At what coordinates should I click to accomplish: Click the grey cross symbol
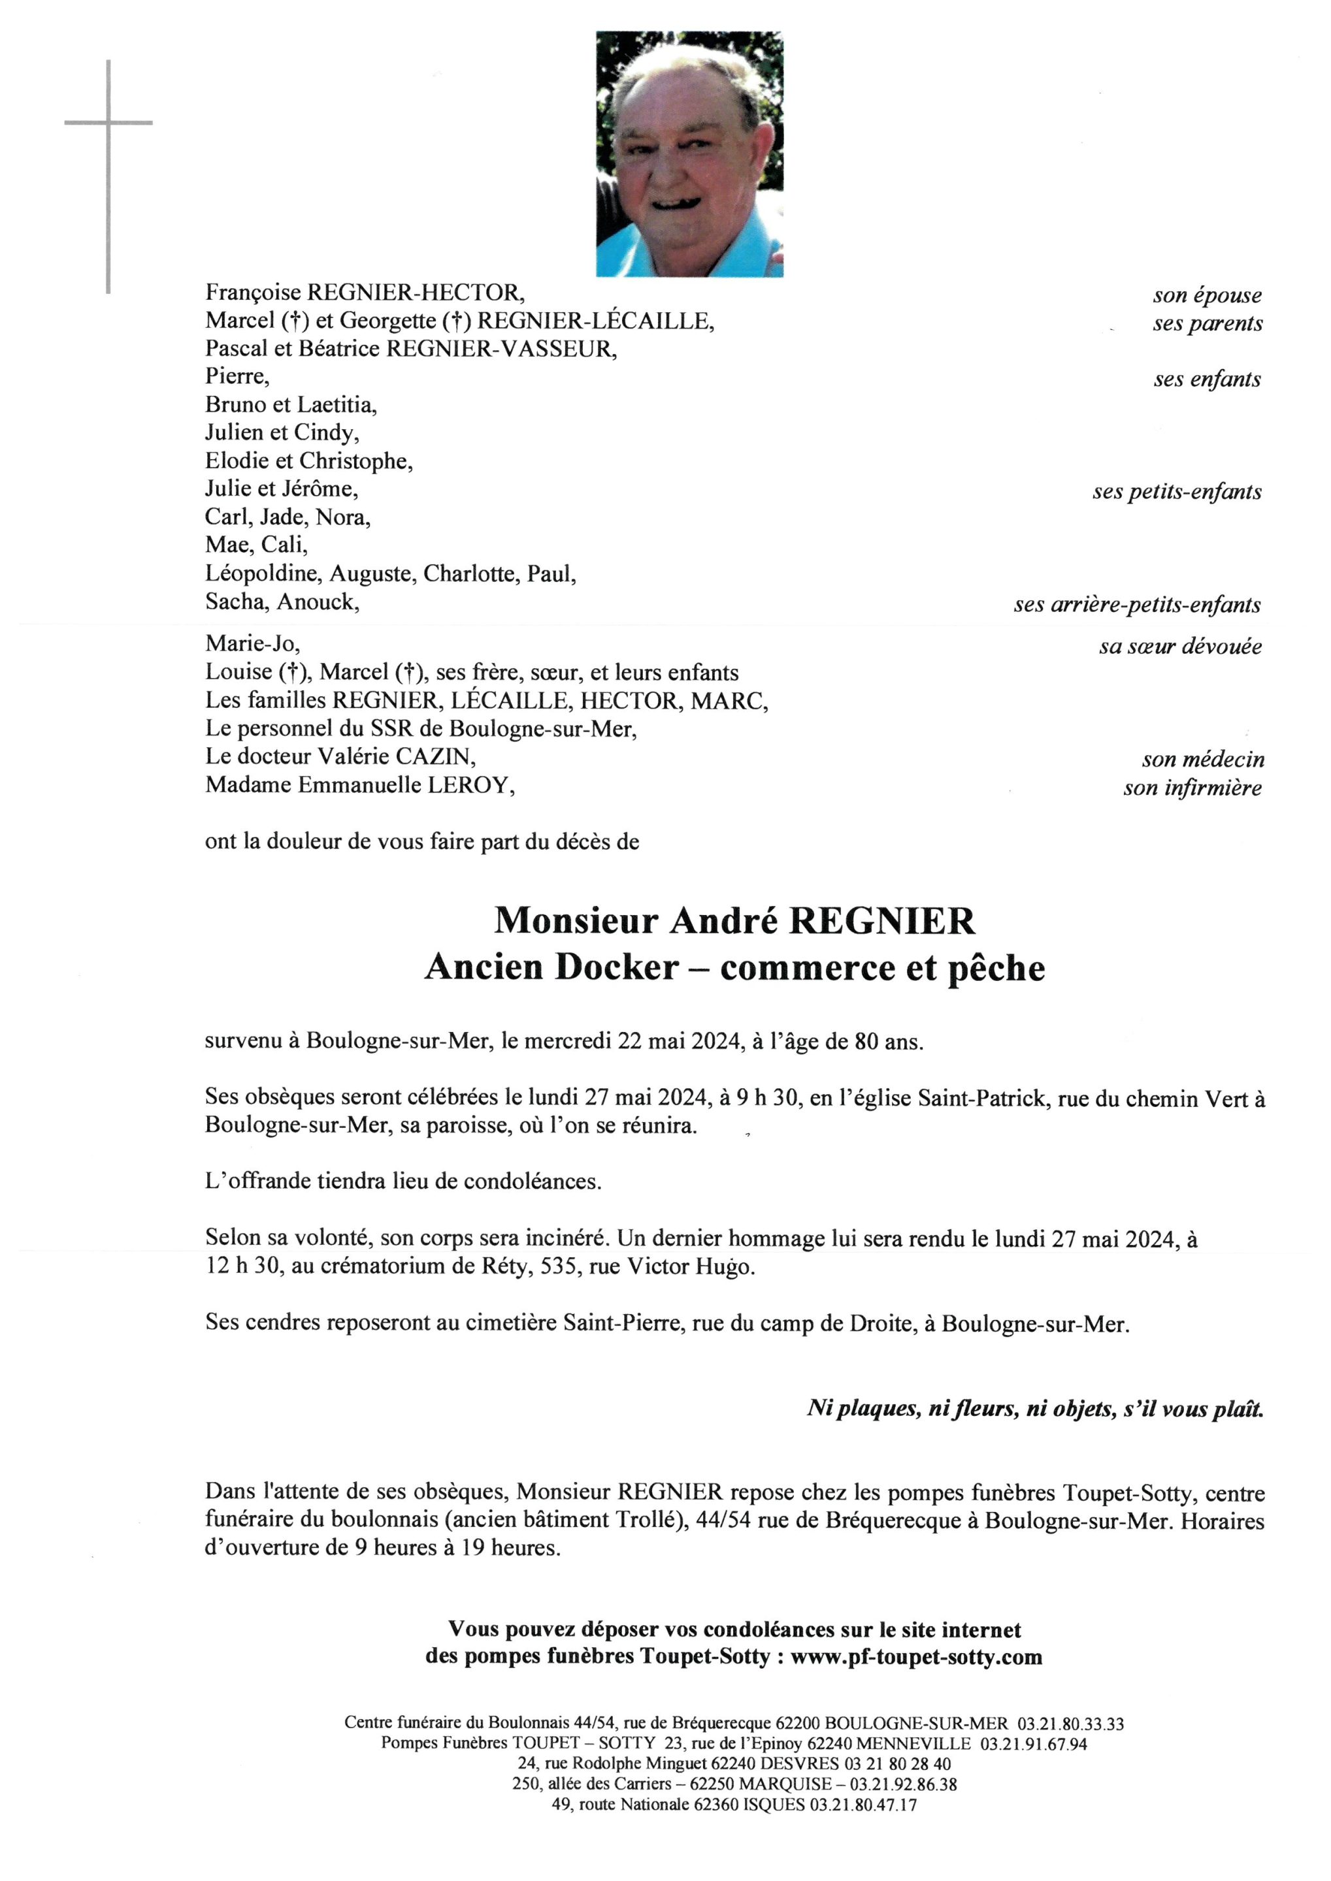click(x=108, y=123)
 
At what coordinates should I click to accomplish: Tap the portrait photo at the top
click(x=689, y=154)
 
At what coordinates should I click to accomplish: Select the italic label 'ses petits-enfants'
click(x=1176, y=492)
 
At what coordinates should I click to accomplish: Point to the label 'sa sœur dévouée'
click(x=1179, y=647)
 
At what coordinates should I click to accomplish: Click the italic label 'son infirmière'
click(x=1192, y=788)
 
